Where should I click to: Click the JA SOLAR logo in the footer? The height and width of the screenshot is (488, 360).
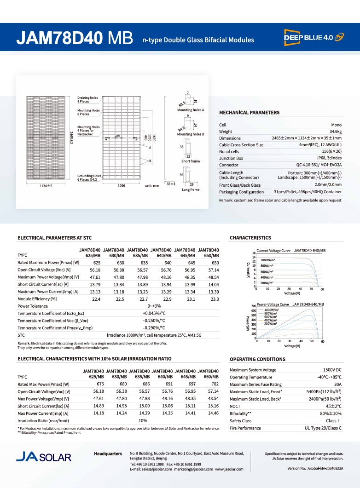coord(44,457)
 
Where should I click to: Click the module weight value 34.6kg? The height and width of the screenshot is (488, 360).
coord(333,132)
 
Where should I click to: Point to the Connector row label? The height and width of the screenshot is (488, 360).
coord(229,165)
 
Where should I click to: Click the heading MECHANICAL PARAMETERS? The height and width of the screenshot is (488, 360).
coord(249,112)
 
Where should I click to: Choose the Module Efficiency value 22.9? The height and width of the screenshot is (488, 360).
coord(167,299)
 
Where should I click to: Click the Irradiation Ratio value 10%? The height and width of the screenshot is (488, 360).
coord(143,420)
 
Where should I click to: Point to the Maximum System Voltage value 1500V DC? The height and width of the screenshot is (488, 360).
coord(332,370)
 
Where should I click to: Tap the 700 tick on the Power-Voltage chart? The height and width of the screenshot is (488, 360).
coord(253,305)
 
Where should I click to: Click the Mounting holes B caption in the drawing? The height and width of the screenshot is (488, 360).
coord(191,134)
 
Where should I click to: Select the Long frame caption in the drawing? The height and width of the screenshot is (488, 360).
coord(191,189)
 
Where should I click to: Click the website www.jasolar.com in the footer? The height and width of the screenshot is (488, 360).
coord(229,469)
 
